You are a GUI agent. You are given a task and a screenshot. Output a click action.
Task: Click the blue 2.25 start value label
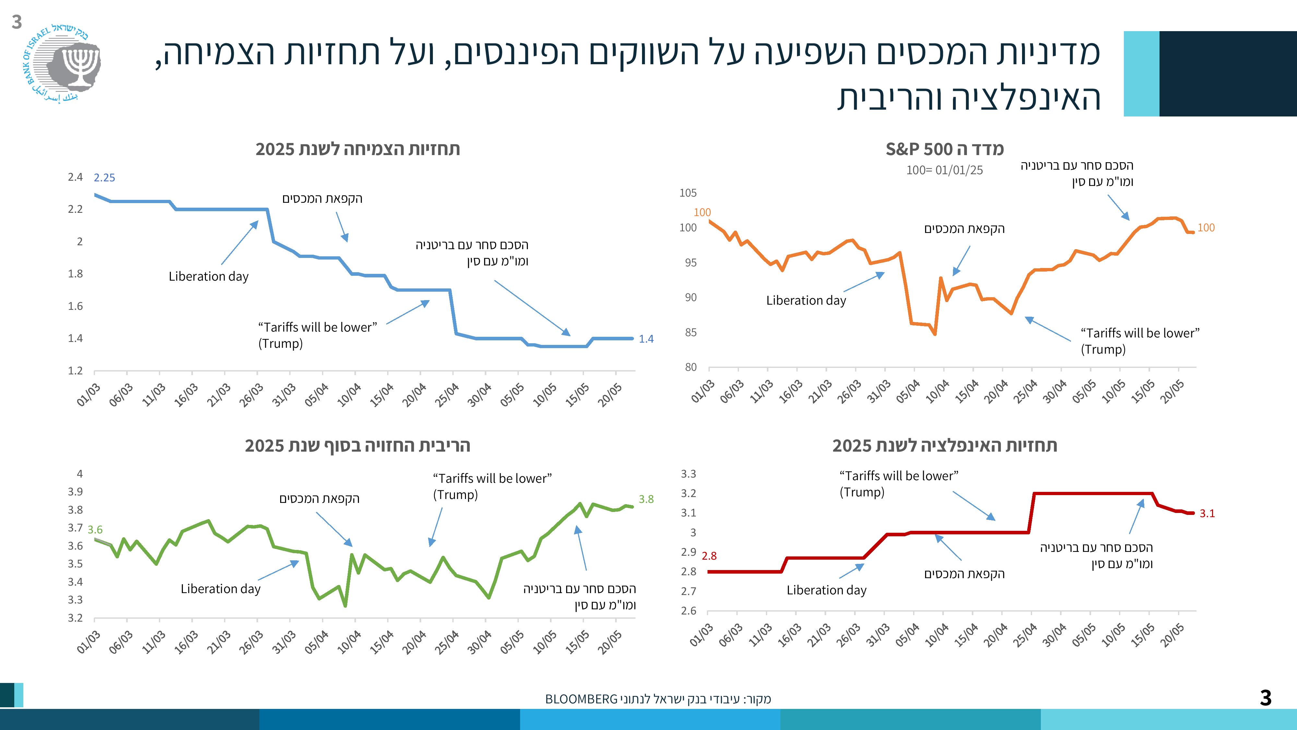click(x=104, y=178)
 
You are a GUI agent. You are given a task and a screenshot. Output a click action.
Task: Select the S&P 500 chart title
click(x=945, y=149)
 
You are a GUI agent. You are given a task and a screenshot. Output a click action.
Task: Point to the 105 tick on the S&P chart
click(x=688, y=193)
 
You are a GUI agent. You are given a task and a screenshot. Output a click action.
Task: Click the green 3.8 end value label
click(x=646, y=499)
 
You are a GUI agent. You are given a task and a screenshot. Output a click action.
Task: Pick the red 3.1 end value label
click(x=1207, y=513)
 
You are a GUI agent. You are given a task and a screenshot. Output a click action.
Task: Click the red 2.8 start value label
click(x=709, y=556)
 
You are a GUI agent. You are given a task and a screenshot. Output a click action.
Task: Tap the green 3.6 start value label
click(x=95, y=529)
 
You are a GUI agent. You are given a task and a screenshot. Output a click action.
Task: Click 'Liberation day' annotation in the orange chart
click(x=806, y=301)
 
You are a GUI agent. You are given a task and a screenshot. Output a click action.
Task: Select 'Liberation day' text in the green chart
click(x=220, y=589)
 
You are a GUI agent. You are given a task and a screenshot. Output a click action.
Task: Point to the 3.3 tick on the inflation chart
click(x=688, y=474)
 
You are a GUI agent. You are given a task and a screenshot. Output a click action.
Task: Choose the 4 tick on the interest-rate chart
click(x=79, y=474)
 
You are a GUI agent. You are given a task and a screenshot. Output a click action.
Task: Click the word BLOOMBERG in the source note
click(x=581, y=699)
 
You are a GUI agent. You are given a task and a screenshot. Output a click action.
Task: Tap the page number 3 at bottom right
click(x=1265, y=698)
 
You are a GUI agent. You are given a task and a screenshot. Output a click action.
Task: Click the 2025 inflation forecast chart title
click(x=945, y=446)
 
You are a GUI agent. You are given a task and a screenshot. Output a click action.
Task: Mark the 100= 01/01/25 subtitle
click(x=945, y=170)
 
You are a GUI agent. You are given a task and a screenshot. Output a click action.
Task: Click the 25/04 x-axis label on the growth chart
click(x=446, y=395)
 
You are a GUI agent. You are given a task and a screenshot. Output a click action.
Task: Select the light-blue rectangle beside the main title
click(x=1141, y=74)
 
